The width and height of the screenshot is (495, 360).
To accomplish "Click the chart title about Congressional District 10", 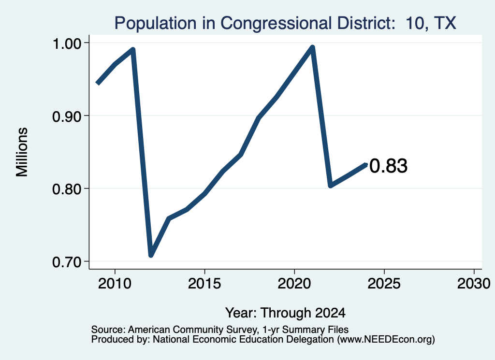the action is (285, 23).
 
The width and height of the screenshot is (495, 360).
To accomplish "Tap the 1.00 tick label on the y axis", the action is (67, 43).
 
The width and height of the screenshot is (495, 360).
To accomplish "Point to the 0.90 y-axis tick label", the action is (67, 116).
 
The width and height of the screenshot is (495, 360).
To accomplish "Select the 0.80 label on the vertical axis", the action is (67, 189).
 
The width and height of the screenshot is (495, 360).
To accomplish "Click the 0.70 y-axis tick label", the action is (67, 262).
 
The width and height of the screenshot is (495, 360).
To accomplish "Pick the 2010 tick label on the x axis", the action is (115, 283).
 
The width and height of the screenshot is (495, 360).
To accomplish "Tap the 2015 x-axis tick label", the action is (204, 283).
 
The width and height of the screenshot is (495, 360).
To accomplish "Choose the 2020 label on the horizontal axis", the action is (294, 283).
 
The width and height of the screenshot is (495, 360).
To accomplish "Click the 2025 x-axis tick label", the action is (384, 283).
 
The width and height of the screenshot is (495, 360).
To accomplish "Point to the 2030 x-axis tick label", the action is (474, 283).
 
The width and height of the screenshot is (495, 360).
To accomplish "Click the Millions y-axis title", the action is (22, 152).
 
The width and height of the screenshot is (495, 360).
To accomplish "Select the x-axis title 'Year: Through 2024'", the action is (285, 313).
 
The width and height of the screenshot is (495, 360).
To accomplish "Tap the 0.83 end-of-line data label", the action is (388, 166).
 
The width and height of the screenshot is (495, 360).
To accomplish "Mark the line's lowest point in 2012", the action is (151, 255).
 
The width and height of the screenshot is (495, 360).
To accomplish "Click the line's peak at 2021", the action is (313, 48).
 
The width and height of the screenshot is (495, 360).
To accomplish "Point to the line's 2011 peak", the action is (133, 50).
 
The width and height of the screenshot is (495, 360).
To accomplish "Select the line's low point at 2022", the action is (330, 185).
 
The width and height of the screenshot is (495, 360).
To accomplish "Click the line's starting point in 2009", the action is (98, 83).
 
